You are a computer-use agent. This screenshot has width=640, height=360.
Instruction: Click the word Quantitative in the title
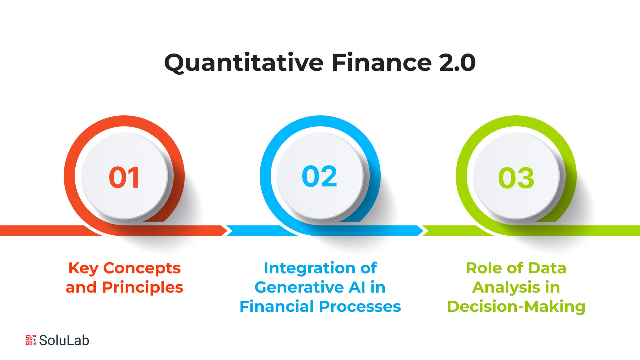[244, 63]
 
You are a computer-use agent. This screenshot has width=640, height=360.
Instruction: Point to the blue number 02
[319, 176]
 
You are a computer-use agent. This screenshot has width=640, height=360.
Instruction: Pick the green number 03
[516, 178]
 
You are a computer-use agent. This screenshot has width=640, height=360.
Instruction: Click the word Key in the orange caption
[83, 269]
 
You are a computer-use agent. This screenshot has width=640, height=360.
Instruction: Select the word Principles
[143, 288]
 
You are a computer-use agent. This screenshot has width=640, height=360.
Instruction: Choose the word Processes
[360, 306]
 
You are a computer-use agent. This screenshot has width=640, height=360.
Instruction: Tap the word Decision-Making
[516, 307]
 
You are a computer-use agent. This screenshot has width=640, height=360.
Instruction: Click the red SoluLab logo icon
[31, 340]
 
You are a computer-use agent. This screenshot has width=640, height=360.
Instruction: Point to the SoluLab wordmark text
[64, 340]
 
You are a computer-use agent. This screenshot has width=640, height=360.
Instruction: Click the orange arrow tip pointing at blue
[227, 231]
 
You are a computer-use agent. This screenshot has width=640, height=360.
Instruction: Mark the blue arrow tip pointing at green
[423, 231]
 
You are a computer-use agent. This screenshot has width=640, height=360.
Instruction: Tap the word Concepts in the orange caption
[142, 269]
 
